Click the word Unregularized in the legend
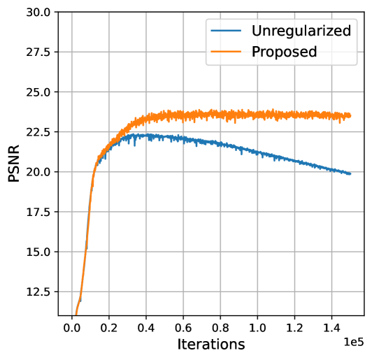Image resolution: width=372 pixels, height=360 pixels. pyautogui.click(x=301, y=31)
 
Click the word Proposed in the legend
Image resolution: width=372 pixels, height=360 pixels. pyautogui.click(x=284, y=52)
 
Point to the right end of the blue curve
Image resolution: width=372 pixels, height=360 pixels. pyautogui.click(x=350, y=173)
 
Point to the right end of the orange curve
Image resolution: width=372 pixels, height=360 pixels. pyautogui.click(x=350, y=115)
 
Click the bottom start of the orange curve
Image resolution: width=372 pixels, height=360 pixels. pyautogui.click(x=76, y=314)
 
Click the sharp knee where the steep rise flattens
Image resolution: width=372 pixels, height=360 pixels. pyautogui.click(x=94, y=171)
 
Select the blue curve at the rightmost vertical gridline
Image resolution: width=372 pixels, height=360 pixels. pyautogui.click(x=331, y=168)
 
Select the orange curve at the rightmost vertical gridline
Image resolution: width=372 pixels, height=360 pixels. pyautogui.click(x=331, y=115)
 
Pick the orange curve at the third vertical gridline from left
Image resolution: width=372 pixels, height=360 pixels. pyautogui.click(x=146, y=118)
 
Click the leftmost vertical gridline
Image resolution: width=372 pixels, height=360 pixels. pyautogui.click(x=72, y=210)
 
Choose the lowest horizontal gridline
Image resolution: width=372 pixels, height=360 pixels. pyautogui.click(x=210, y=291)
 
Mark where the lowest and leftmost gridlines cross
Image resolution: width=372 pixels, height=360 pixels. pyautogui.click(x=72, y=291)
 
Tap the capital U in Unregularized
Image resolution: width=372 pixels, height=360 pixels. pyautogui.click(x=257, y=31)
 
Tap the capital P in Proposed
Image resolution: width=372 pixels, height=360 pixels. pyautogui.click(x=256, y=52)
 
